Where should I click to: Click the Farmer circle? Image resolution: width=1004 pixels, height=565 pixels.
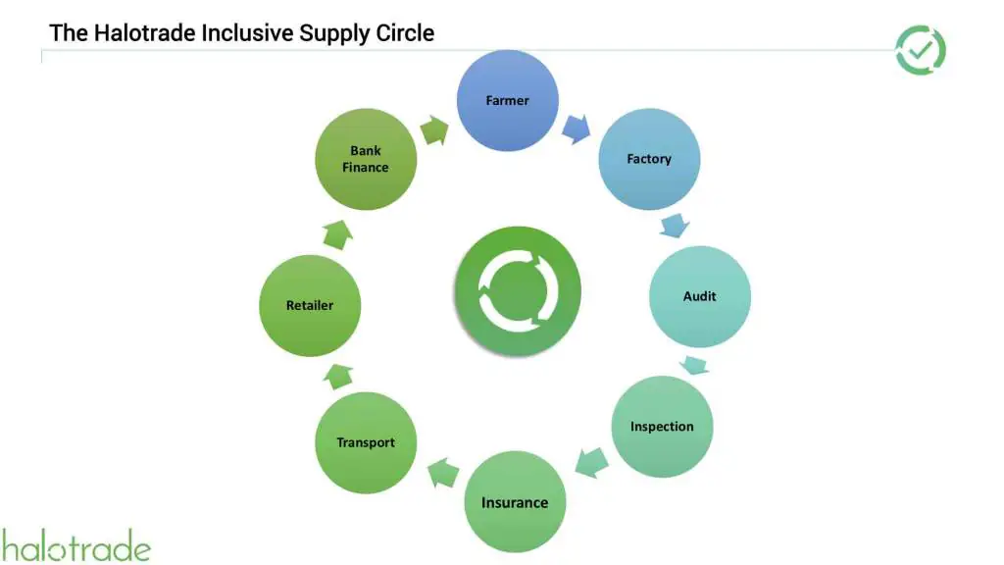[508, 100]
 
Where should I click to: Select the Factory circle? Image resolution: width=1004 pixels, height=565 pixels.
[649, 159]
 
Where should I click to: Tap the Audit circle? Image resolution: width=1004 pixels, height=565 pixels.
[700, 296]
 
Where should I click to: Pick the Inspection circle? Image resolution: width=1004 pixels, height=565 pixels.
[662, 427]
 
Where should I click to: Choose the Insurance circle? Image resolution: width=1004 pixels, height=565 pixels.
[515, 502]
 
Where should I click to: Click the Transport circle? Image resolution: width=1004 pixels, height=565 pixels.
[366, 442]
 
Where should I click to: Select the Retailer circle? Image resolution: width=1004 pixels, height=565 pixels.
[310, 305]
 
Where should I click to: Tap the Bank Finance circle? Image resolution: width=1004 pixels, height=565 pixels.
[366, 159]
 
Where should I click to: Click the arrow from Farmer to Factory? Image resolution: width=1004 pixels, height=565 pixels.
[576, 128]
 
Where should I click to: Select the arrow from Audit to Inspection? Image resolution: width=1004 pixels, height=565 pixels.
[694, 366]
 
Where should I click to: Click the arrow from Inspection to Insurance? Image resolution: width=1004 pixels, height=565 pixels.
[590, 462]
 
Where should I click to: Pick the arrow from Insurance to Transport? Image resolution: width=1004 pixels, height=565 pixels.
[443, 473]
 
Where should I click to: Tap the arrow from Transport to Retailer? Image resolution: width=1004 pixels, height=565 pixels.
[337, 375]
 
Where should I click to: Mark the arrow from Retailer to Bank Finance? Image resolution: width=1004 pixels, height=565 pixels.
[336, 233]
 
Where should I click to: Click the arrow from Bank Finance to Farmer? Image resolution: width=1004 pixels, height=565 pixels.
[433, 129]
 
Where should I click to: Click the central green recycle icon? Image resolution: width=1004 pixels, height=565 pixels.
[517, 290]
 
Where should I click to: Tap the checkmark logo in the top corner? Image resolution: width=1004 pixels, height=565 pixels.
[921, 50]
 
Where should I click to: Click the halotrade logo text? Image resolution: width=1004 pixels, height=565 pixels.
[75, 546]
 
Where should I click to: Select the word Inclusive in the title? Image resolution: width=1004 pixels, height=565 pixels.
[246, 32]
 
